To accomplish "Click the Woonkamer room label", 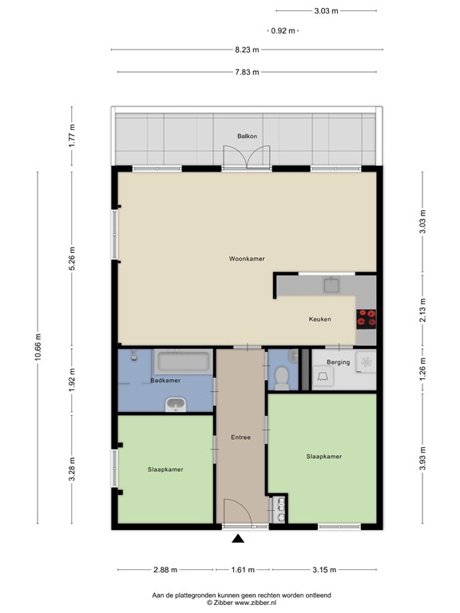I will [x=246, y=259].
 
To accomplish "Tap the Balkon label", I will [x=247, y=136].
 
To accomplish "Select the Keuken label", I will [x=319, y=319].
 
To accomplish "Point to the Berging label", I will [x=338, y=362].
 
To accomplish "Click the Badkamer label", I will [x=165, y=381].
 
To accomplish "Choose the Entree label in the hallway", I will [x=240, y=437].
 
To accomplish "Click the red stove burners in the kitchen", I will [x=367, y=318].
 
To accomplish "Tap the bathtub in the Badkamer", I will [x=183, y=362].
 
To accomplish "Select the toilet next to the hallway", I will [x=280, y=377].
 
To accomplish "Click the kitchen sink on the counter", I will [x=332, y=285].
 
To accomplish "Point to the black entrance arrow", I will [x=238, y=540].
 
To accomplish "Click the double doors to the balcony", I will [x=247, y=159].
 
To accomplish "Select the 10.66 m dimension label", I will [x=38, y=347].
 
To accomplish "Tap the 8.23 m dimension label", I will [x=246, y=49].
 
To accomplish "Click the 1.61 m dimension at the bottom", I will [x=241, y=570].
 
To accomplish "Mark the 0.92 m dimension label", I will [x=282, y=30].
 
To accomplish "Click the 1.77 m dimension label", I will [x=72, y=138].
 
